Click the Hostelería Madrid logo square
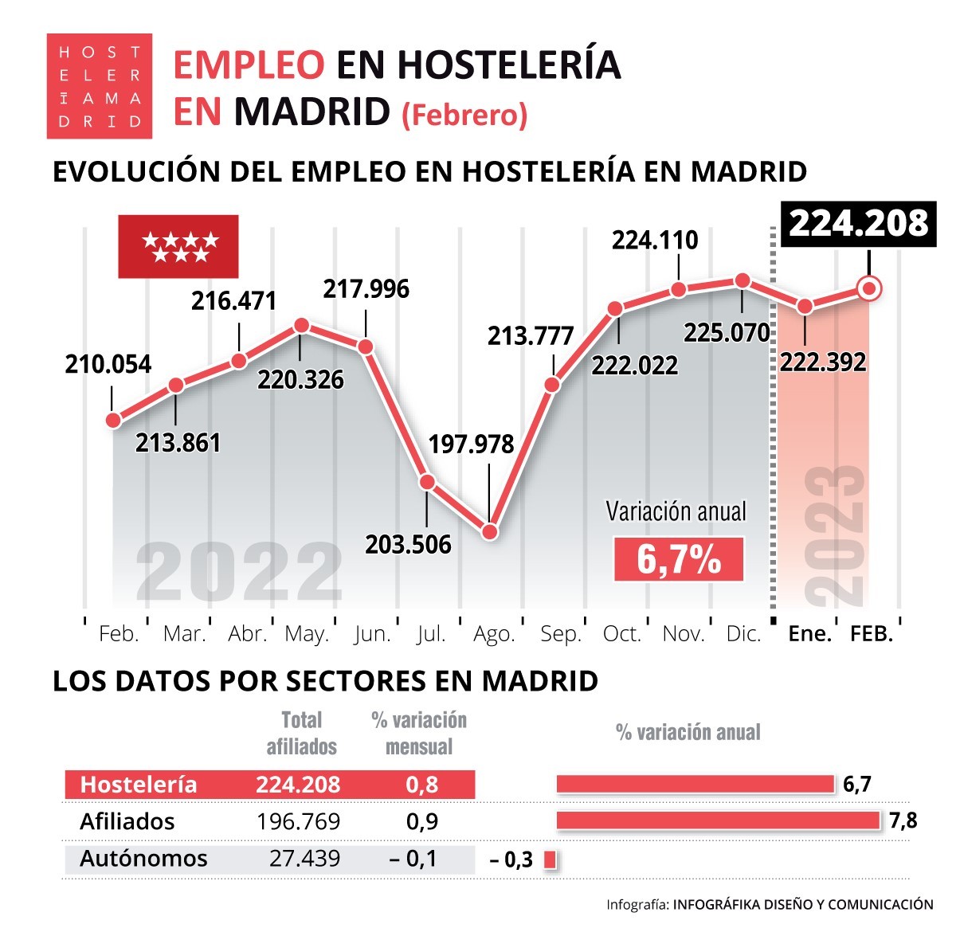[x=99, y=86]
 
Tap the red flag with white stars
[x=178, y=246]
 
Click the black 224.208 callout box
[x=859, y=224]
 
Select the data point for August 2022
[x=490, y=531]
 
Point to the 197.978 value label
[x=471, y=444]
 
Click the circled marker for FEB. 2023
[x=870, y=288]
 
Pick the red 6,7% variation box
[x=678, y=559]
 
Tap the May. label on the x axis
[x=307, y=634]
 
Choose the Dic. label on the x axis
[x=743, y=634]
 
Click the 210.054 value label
[x=108, y=364]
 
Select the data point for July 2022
[x=427, y=482]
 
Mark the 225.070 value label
[x=727, y=332]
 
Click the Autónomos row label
[x=143, y=858]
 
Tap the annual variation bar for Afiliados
[x=717, y=820]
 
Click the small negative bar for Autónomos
[x=549, y=859]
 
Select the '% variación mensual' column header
[x=419, y=733]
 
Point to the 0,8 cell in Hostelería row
[x=421, y=785]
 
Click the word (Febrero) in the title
[x=464, y=116]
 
